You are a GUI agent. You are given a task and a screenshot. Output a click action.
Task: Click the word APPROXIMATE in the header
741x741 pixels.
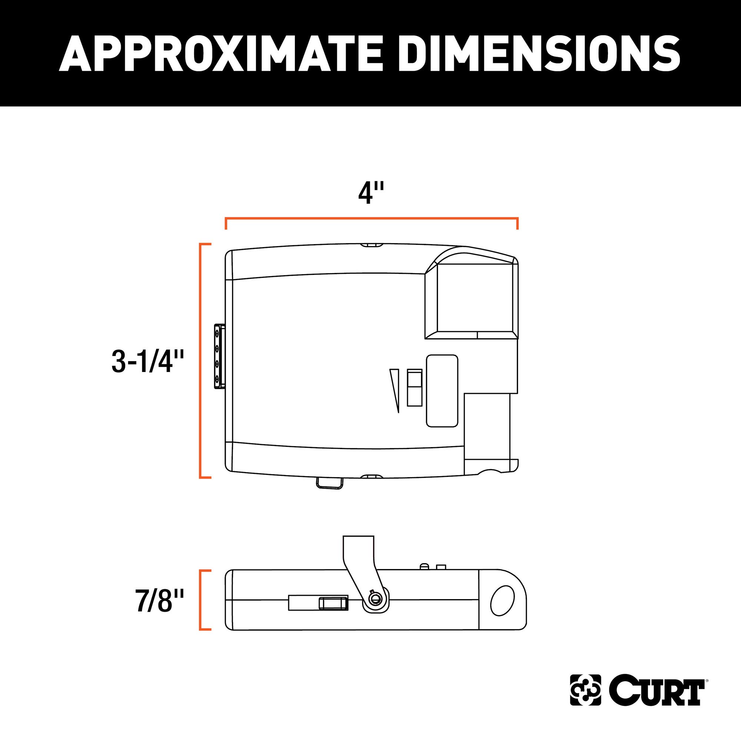[x=220, y=53]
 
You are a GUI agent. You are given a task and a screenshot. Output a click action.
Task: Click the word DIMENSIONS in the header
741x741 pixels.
[x=539, y=53]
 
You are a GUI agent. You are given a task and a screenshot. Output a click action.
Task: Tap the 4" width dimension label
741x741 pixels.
[x=370, y=193]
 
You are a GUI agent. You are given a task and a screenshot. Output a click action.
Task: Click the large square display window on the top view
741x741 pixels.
[x=476, y=298]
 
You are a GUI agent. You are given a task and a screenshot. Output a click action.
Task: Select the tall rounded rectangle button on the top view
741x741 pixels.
[x=442, y=390]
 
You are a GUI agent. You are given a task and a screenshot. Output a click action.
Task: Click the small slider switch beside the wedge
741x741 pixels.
[x=415, y=388]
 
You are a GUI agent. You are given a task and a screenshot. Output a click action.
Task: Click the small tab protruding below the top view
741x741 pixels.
[x=329, y=483]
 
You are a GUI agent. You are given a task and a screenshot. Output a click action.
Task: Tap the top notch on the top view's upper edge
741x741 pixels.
[x=372, y=245]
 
